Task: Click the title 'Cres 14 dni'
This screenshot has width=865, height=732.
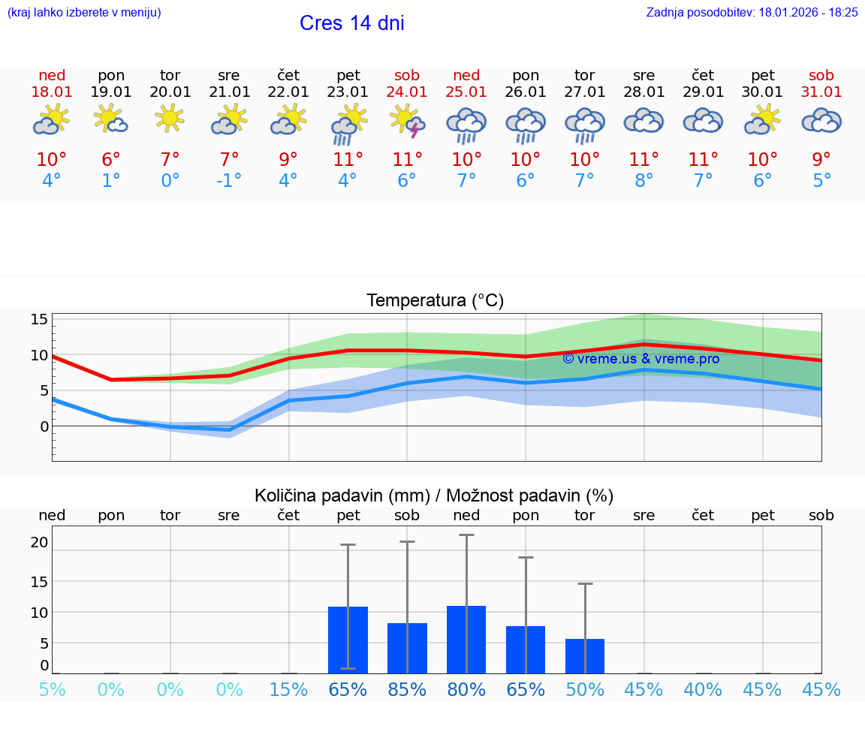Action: [x=351, y=23]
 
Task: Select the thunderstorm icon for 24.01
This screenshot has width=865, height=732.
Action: [x=407, y=121]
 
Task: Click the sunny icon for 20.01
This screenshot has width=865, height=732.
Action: [x=170, y=119]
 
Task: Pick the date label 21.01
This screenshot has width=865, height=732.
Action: [x=229, y=92]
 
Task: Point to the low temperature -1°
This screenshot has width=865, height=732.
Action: [x=229, y=181]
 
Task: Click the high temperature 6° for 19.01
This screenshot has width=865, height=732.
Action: [x=111, y=160]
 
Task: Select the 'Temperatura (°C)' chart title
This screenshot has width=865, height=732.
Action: [x=435, y=301]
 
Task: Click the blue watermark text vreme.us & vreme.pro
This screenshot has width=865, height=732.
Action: [x=640, y=359]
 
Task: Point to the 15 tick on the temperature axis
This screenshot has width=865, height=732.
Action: [x=39, y=320]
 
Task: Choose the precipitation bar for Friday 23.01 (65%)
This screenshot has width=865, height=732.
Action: [x=348, y=640]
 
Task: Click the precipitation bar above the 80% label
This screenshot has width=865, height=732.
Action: [x=466, y=639]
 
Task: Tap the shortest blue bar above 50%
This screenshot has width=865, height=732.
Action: [x=585, y=656]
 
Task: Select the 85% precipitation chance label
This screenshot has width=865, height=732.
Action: [x=407, y=690]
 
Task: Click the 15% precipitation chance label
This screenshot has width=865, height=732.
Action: [x=288, y=690]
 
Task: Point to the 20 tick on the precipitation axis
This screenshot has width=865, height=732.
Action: [x=39, y=542]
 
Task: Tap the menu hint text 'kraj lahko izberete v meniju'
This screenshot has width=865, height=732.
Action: [x=83, y=13]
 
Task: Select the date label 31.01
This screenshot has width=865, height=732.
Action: [x=821, y=92]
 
